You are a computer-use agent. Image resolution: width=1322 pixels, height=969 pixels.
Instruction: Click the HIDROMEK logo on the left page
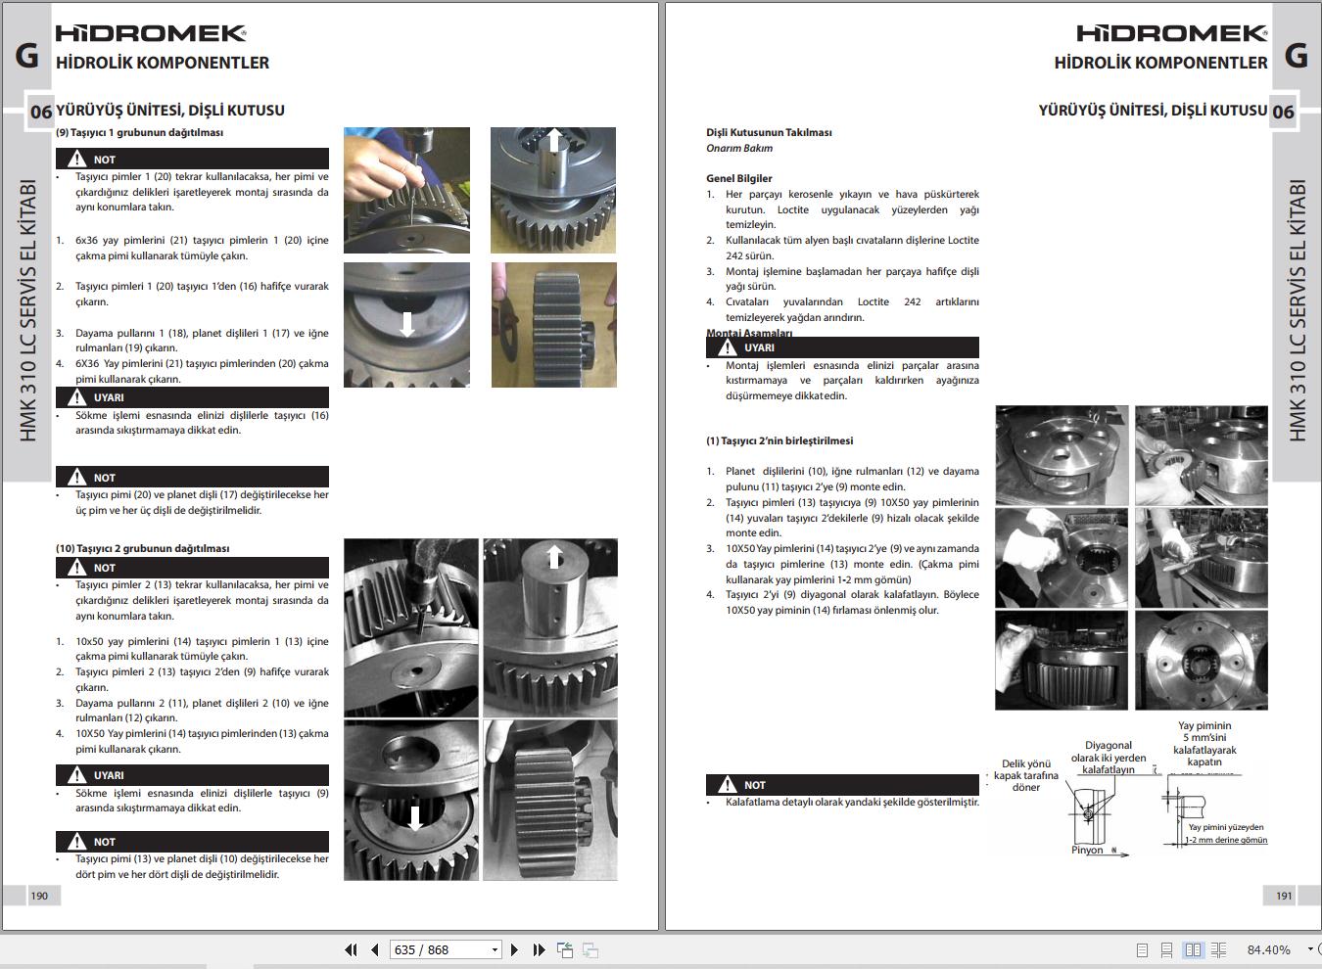coord(151,33)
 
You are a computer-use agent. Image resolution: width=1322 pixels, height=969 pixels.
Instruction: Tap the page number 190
coord(39,896)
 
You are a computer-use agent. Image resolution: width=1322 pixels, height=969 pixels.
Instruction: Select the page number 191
coord(1284,896)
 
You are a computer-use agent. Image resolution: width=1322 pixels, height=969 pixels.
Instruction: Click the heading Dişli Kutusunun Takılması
coord(769,132)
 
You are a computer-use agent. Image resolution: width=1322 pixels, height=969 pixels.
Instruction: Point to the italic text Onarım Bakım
coord(739,149)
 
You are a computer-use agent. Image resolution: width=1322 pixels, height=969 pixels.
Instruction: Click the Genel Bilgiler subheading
coord(739,178)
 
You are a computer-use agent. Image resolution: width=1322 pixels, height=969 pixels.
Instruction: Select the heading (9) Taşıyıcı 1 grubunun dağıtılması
coord(139,132)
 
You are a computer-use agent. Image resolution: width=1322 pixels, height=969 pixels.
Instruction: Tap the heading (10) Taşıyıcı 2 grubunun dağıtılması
coord(142,548)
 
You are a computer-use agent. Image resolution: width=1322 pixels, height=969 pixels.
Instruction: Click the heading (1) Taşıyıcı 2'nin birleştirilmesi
coord(779,440)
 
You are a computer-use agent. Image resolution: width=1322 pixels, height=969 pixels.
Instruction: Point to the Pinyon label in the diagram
coord(1087,850)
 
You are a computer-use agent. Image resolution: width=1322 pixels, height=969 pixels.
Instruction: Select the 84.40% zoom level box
coord(1268,949)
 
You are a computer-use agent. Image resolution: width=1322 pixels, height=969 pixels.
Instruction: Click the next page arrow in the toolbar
coord(514,949)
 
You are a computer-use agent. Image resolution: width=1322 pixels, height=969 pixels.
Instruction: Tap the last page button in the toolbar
coord(539,949)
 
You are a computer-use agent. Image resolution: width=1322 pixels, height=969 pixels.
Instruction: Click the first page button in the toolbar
coord(351,949)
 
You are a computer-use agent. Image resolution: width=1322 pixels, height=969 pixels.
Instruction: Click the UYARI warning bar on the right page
coord(842,347)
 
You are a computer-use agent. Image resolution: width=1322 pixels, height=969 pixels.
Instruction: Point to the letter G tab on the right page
coord(1297,56)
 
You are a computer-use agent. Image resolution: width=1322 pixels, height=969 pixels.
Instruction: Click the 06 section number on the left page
coord(40,112)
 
